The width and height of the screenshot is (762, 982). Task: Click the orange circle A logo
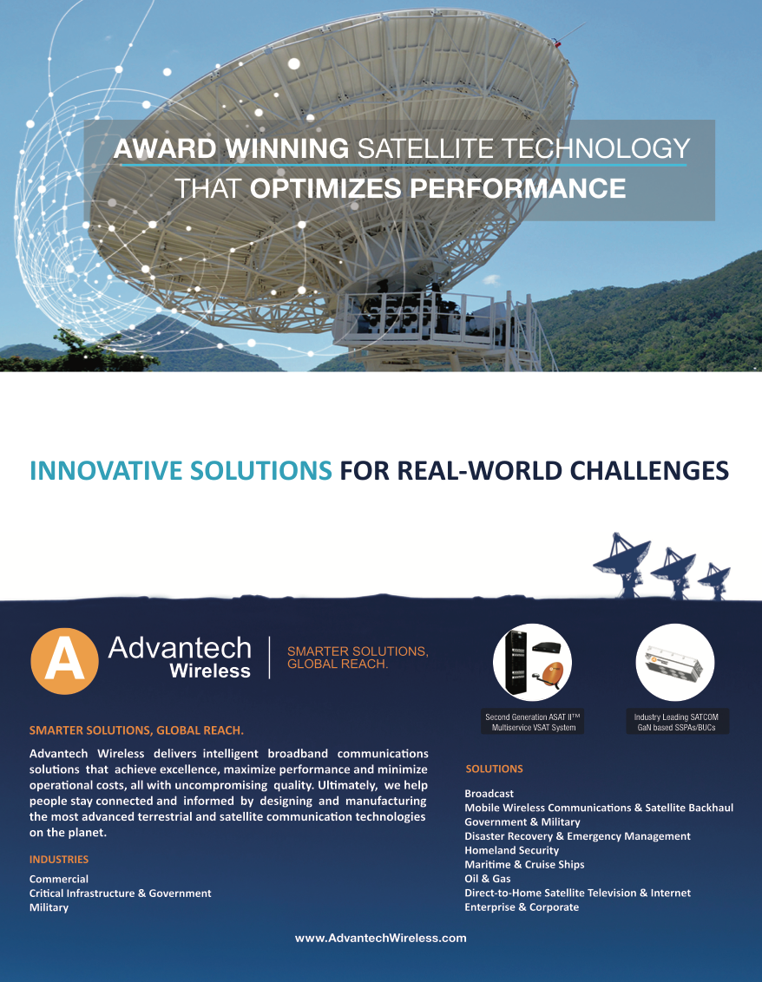(x=64, y=661)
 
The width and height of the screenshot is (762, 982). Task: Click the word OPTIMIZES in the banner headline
(x=325, y=188)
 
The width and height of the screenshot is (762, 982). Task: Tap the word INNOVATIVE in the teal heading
(x=106, y=471)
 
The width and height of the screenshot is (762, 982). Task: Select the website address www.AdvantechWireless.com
(x=381, y=938)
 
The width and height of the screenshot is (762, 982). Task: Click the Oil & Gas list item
(x=488, y=879)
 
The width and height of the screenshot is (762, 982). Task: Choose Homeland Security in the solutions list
(x=511, y=850)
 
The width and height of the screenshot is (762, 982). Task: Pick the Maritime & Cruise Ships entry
(x=524, y=864)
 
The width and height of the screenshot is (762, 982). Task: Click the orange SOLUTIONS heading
(x=495, y=769)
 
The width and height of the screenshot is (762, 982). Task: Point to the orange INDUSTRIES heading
(x=59, y=859)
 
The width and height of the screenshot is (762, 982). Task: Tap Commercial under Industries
(x=59, y=879)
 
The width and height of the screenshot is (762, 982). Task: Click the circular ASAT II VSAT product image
(x=533, y=663)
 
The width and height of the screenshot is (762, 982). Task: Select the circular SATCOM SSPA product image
(x=675, y=663)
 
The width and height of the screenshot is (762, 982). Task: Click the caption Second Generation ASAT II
(x=533, y=717)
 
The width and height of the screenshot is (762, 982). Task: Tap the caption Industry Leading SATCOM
(x=676, y=717)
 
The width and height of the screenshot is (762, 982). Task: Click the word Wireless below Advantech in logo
(x=210, y=671)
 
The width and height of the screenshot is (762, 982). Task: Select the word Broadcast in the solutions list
(x=489, y=794)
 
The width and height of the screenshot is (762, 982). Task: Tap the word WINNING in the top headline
(x=287, y=148)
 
